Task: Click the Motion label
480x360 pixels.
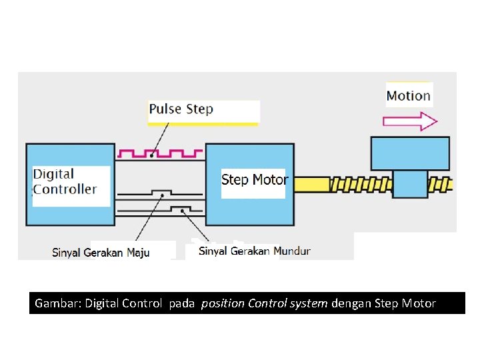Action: coord(409,95)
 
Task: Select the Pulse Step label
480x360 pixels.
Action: coord(181,109)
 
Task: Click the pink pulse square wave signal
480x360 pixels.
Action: coord(160,154)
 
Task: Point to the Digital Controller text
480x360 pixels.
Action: coord(65,181)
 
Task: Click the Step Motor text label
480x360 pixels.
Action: coord(254,179)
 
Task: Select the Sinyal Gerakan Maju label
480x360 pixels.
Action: coord(101,252)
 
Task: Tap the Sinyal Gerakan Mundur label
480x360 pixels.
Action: coord(254,251)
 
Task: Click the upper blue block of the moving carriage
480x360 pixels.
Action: coord(410,153)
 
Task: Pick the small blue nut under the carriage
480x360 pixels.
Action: coord(410,183)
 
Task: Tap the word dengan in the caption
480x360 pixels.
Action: coord(351,303)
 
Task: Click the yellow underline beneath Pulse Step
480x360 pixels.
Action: coord(203,123)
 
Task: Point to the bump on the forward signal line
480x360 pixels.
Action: coord(161,193)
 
